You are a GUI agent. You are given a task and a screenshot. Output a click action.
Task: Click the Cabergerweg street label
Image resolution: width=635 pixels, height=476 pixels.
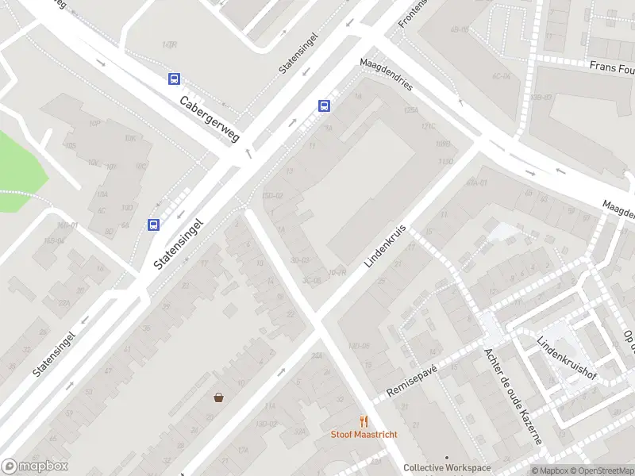coord(210,120)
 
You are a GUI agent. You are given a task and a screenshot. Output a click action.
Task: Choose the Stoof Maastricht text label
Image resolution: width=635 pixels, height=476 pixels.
coord(364,434)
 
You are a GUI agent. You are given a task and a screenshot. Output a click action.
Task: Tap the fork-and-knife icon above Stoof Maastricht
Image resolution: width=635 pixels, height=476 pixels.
coord(364,420)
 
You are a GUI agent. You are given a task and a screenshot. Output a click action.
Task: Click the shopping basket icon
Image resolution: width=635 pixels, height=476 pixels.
coord(218,397)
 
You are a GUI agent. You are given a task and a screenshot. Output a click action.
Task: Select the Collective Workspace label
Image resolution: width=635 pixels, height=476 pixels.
coord(447,468)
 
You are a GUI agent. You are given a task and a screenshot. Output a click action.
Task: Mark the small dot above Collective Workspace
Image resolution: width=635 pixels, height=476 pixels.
coord(447,458)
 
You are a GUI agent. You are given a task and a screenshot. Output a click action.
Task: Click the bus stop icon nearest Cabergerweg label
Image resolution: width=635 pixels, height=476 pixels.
coord(174,79)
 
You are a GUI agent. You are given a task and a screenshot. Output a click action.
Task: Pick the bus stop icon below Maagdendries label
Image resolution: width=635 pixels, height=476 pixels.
coord(325,106)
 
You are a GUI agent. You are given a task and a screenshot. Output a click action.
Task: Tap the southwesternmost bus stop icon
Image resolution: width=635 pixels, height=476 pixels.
coord(153,225)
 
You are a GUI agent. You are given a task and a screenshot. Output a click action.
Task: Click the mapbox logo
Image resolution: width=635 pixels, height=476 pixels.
coord(34,466)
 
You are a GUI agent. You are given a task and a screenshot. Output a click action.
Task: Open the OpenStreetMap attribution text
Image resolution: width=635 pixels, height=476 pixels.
coord(606,470)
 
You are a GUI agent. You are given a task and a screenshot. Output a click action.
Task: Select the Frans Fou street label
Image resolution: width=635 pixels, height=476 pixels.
coord(611,68)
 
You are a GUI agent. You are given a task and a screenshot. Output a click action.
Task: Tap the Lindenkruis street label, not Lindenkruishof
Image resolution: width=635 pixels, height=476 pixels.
coord(387,245)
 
